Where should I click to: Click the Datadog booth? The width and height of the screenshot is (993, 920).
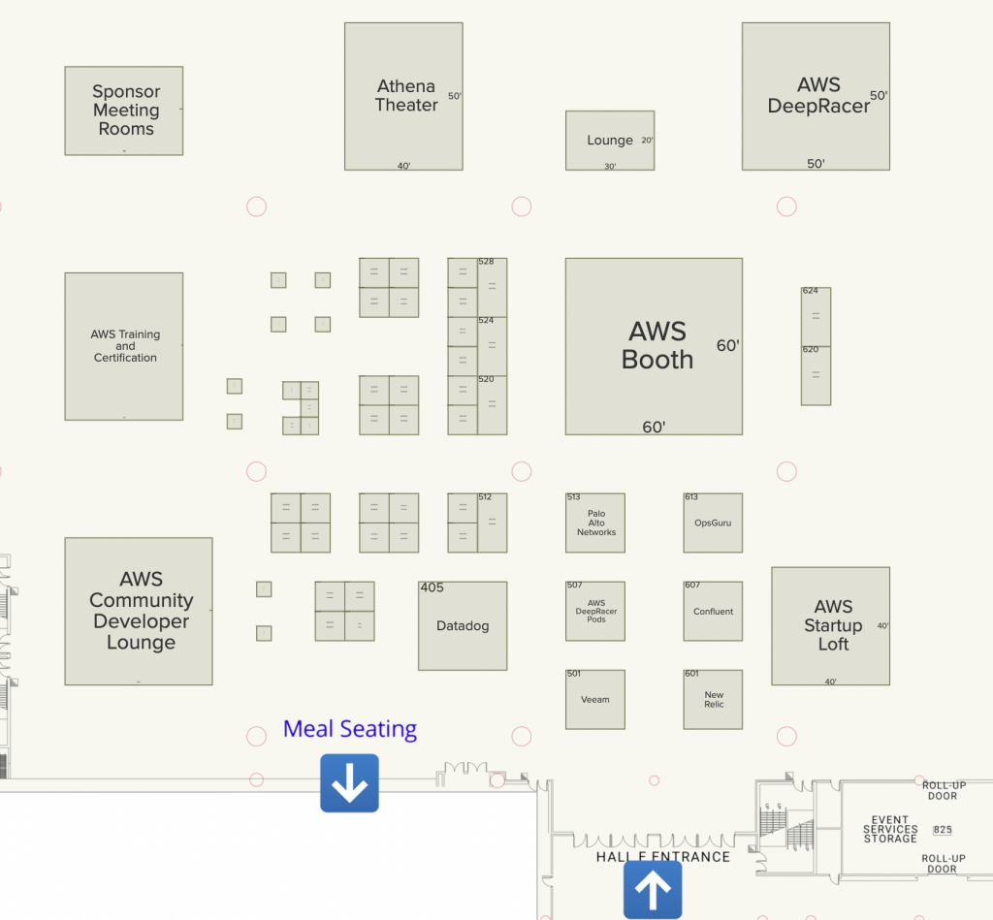coord(463,626)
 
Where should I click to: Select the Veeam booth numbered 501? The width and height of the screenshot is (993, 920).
coord(595,699)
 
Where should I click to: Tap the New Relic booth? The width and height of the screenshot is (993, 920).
coord(714,699)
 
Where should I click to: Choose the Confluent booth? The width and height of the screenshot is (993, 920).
coord(714,612)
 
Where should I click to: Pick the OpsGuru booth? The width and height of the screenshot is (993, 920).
coord(714,523)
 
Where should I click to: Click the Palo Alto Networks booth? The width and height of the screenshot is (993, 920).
coord(595,523)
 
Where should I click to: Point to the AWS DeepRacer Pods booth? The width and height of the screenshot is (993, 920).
coord(595,612)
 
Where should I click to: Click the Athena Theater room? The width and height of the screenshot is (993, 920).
coord(404,96)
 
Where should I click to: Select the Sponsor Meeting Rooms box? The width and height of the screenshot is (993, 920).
coord(124,111)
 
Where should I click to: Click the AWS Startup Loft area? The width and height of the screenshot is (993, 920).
coord(831,625)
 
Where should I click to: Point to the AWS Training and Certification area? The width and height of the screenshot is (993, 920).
coord(124,346)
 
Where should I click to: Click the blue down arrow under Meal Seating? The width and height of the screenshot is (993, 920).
coord(349,783)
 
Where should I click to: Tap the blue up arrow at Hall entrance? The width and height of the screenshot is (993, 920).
coord(653,889)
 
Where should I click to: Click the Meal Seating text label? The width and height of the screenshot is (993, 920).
coord(350,729)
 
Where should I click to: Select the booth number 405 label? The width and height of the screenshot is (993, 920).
coord(432,587)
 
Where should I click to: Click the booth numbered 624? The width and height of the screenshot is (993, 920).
coord(816,316)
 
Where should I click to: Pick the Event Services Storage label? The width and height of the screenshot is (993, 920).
coord(890,830)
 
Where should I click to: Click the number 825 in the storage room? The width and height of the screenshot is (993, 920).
coord(942,830)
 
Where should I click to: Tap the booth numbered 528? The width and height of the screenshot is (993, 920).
coord(492,287)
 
